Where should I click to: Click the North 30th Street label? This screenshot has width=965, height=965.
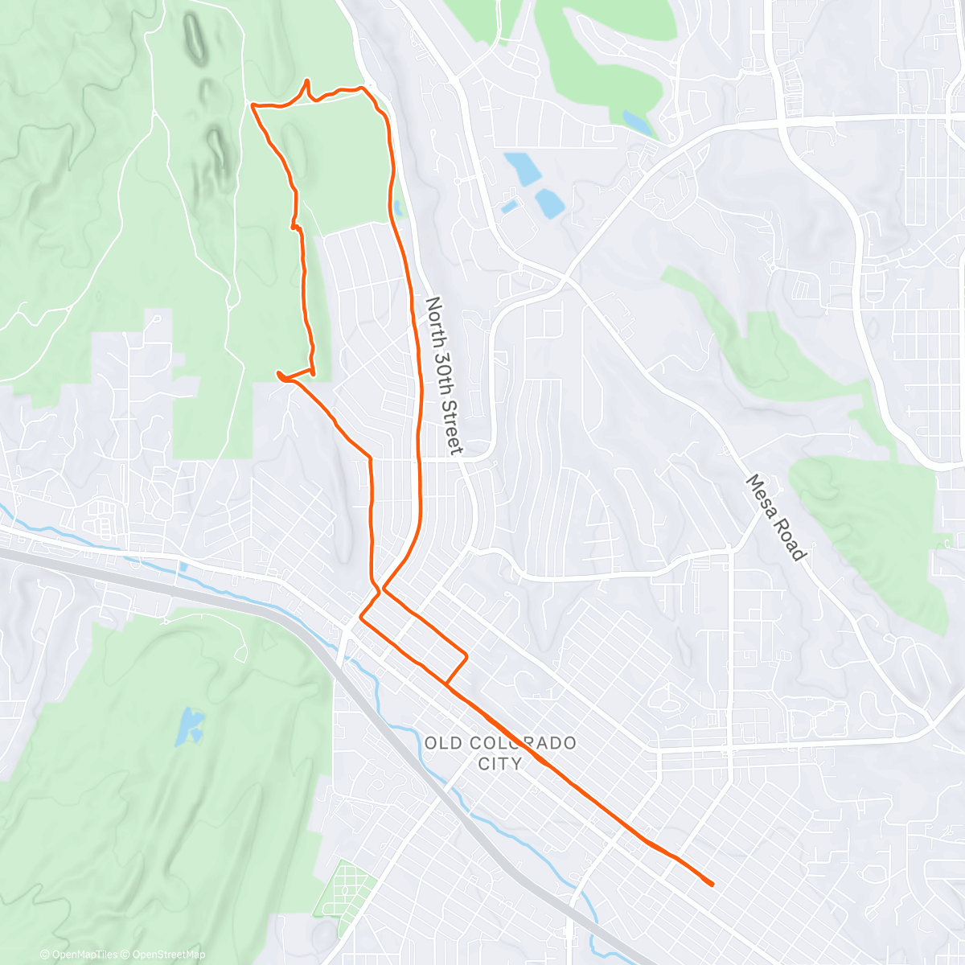(444, 376)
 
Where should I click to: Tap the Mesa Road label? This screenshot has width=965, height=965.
(775, 518)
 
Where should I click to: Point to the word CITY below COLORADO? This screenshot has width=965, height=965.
(499, 763)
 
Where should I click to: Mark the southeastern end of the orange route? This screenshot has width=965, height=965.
(712, 885)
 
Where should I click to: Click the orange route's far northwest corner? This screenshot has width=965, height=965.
(253, 105)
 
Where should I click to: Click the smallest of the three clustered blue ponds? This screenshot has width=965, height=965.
(509, 207)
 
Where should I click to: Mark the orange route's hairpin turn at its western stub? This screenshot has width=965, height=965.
(279, 374)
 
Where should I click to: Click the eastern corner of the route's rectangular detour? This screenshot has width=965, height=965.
(466, 658)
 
